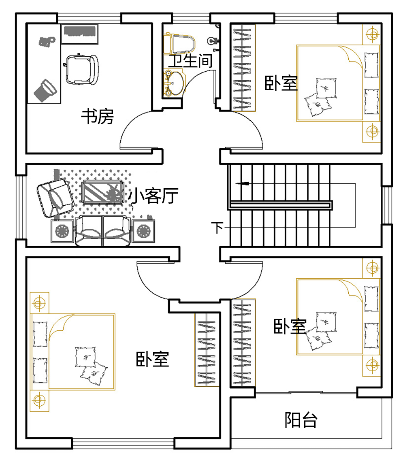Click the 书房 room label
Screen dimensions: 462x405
[98, 117]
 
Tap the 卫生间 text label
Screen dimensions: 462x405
[190, 62]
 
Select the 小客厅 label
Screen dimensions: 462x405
[153, 196]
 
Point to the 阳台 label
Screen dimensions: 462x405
[301, 420]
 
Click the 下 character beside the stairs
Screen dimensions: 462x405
[218, 228]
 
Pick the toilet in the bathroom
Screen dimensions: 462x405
[180, 44]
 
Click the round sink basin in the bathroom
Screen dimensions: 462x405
[175, 83]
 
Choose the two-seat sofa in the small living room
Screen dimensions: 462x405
[103, 231]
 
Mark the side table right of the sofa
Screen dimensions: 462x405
[143, 231]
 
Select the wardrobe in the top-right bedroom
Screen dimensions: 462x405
[243, 68]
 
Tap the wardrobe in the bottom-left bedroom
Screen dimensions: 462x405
[207, 349]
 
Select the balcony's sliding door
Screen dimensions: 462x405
[306, 392]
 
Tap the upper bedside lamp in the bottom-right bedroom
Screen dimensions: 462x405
[371, 268]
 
